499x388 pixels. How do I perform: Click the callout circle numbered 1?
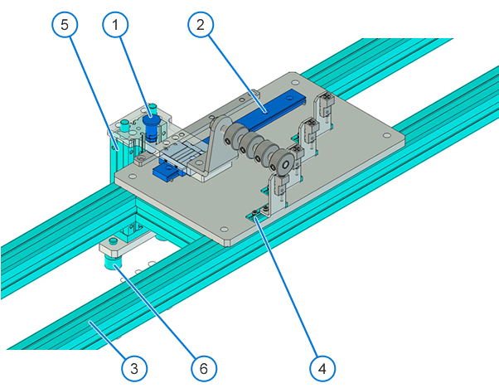pyautogui.click(x=115, y=25)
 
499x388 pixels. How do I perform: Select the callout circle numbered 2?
pyautogui.click(x=201, y=25)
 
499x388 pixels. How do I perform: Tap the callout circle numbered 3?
pyautogui.click(x=134, y=368)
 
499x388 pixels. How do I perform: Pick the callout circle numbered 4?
pyautogui.click(x=322, y=368)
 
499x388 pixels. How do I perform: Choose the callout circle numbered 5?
pyautogui.click(x=65, y=25)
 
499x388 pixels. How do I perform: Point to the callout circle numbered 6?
pyautogui.click(x=204, y=368)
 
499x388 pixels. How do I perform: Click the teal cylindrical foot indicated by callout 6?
pyautogui.click(x=112, y=263)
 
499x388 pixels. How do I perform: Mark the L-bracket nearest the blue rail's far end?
pyautogui.click(x=324, y=109)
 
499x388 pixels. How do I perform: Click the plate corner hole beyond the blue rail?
pyautogui.click(x=295, y=82)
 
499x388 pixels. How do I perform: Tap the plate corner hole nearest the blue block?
pyautogui.click(x=133, y=175)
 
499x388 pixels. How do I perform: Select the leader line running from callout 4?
pyautogui.click(x=287, y=288)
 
